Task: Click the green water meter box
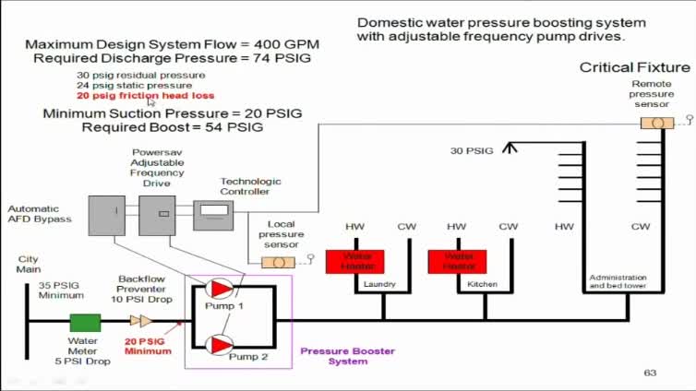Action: pyautogui.click(x=85, y=322)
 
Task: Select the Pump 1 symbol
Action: pyautogui.click(x=220, y=289)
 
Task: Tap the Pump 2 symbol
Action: pyautogui.click(x=220, y=345)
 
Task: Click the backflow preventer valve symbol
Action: pyautogui.click(x=141, y=321)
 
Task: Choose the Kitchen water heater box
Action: pyautogui.click(x=456, y=261)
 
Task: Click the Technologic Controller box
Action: pyautogui.click(x=213, y=215)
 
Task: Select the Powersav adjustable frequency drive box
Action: pyautogui.click(x=157, y=215)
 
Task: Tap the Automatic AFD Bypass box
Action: pyautogui.click(x=106, y=215)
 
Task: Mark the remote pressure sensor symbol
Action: pyautogui.click(x=657, y=123)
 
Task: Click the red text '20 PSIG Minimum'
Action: pyautogui.click(x=149, y=345)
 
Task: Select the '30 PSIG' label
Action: pyautogui.click(x=472, y=150)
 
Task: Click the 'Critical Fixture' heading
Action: pyautogui.click(x=634, y=67)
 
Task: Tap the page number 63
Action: pyautogui.click(x=650, y=373)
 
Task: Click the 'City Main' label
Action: pyautogui.click(x=29, y=265)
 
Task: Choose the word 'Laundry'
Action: pyautogui.click(x=379, y=284)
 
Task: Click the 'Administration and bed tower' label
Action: pyautogui.click(x=618, y=281)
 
